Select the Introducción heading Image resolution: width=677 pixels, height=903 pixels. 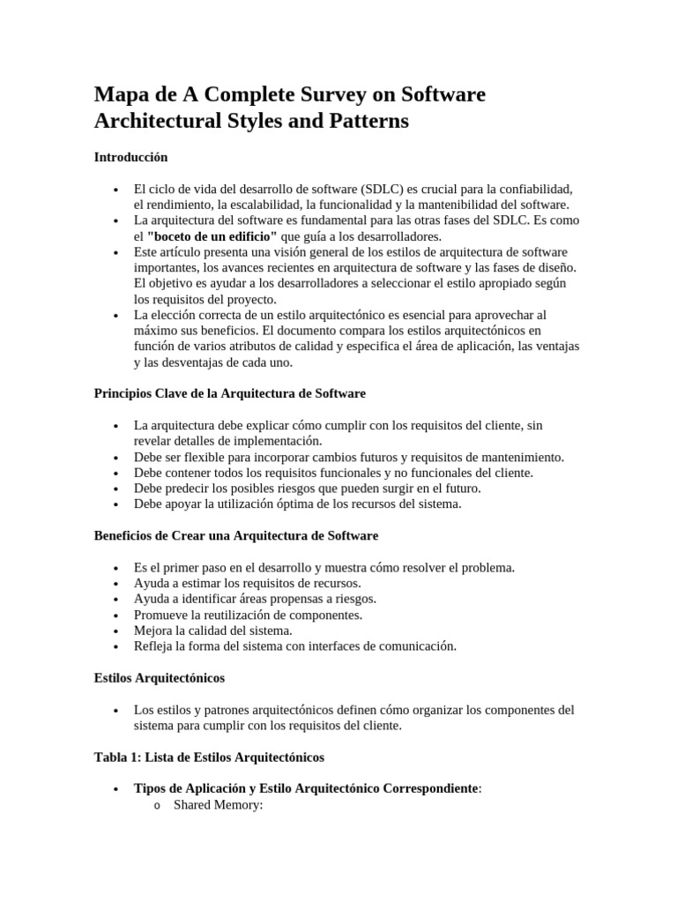pos(130,157)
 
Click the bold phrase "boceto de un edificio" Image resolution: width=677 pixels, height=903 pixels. pos(212,236)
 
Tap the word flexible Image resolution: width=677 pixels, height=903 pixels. pos(208,457)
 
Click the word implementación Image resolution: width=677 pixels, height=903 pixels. pos(275,441)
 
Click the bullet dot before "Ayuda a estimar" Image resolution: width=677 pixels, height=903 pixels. pos(115,584)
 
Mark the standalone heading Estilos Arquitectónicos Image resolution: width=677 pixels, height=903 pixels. pos(159,678)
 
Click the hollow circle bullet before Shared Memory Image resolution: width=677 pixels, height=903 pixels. pos(156,806)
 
